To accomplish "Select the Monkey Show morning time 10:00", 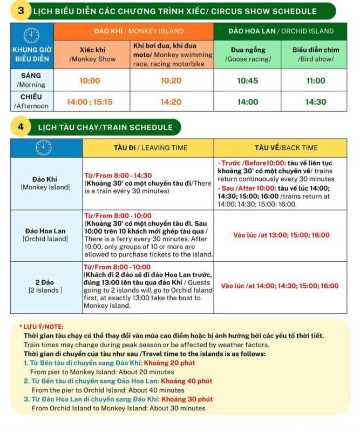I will click(x=90, y=80).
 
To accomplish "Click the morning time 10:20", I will click(x=171, y=80).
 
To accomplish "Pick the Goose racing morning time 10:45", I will click(x=248, y=80).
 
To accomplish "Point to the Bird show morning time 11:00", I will click(x=315, y=80).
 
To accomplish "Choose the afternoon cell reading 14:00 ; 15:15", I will click(x=90, y=101).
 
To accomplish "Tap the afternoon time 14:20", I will click(x=171, y=101).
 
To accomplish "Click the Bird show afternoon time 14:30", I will click(x=315, y=101).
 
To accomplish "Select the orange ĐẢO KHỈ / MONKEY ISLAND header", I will click(x=134, y=31).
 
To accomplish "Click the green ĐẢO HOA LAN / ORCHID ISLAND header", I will click(x=281, y=31).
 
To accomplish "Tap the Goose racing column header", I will click(x=248, y=55).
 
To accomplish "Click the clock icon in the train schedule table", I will click(x=44, y=147).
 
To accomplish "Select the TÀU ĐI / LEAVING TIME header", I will click(x=148, y=147).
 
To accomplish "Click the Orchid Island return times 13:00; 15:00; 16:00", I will click(x=281, y=235).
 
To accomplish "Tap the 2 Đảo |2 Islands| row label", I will click(x=45, y=286).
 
